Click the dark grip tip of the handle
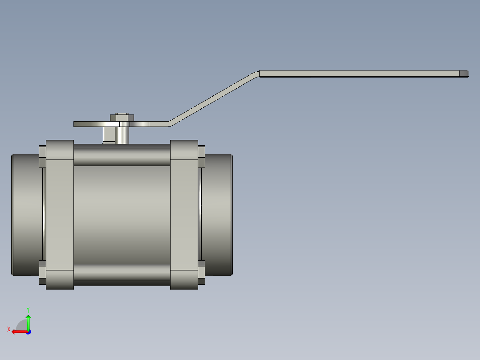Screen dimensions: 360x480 tap(464, 74)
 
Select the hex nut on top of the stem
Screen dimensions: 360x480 tap(122, 118)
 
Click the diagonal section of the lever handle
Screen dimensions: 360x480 tap(213, 98)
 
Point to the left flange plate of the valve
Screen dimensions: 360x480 tap(60, 214)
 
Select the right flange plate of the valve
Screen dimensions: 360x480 tap(184, 214)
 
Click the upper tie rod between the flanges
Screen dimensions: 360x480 tap(122, 155)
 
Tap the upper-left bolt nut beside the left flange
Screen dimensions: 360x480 tap(42, 156)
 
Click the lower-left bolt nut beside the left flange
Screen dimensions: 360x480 tap(42, 272)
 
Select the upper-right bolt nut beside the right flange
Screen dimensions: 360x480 tap(201, 156)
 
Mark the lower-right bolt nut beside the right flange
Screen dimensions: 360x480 tap(201, 272)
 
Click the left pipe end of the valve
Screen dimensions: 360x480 tap(27, 214)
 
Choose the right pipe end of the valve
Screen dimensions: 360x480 tap(217, 214)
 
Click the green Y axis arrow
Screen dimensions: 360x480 tap(28, 321)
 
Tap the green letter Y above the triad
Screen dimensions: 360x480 tap(28, 309)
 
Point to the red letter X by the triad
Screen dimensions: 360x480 tap(8, 330)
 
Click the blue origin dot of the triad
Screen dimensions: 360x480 tap(28, 331)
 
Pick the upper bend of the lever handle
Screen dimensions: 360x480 tap(257, 73)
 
